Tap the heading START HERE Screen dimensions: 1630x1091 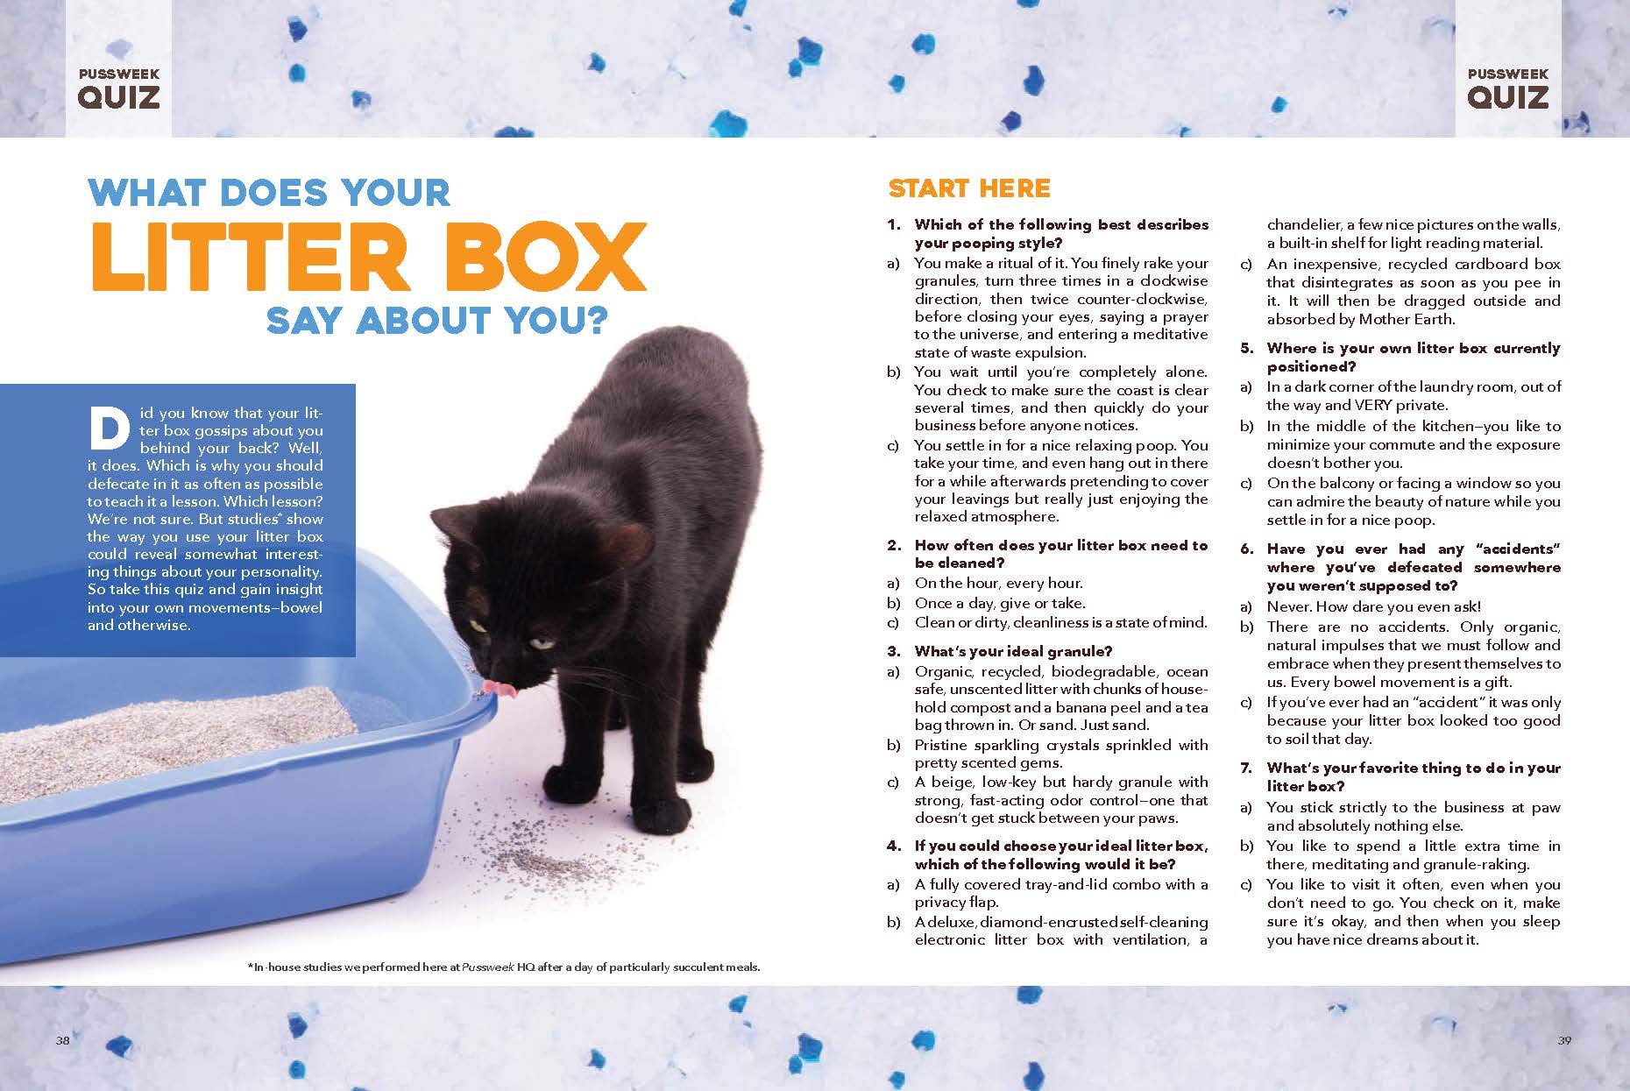(968, 188)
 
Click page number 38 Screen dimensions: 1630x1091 (62, 1040)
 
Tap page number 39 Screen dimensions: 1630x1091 (1564, 1040)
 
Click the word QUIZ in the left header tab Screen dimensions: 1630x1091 (119, 96)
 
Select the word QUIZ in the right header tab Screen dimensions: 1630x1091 (1508, 96)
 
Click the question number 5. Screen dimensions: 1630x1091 (1247, 349)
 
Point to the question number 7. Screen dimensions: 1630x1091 (1247, 769)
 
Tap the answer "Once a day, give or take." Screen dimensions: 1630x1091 (1000, 603)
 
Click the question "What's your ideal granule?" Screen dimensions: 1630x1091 (1013, 651)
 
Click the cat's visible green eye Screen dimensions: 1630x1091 (477, 626)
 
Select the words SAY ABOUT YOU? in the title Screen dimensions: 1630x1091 (436, 321)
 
